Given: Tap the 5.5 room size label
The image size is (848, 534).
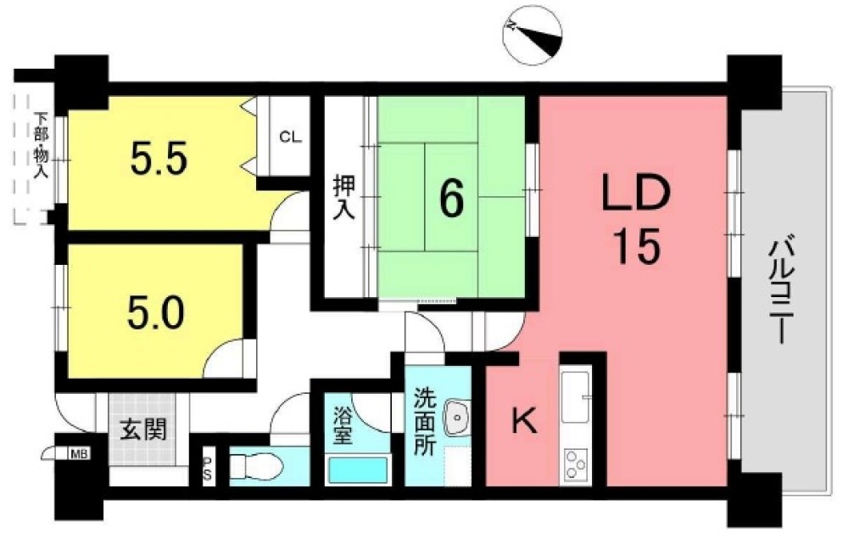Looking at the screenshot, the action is [159, 158].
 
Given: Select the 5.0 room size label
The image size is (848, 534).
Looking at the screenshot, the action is [156, 313].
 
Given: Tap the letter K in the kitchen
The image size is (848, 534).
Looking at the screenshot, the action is [524, 421].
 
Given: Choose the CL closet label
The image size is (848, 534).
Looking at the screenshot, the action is [290, 138].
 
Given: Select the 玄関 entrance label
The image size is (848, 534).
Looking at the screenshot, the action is [143, 430].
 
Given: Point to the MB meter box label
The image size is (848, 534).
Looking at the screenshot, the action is [79, 453].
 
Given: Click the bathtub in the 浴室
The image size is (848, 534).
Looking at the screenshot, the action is [358, 469].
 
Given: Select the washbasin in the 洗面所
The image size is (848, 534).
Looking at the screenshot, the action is [457, 417].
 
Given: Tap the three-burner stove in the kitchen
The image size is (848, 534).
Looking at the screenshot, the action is [576, 465].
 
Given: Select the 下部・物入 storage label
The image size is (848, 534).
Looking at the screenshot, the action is [41, 145].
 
